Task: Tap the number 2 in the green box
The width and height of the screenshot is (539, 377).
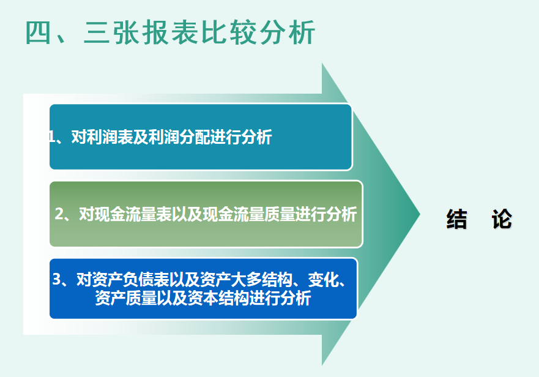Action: (x=59, y=214)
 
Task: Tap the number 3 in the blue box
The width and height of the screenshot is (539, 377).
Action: (x=57, y=280)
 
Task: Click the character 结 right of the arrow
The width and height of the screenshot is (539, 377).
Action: (x=456, y=219)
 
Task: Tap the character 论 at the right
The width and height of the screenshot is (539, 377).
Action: (x=501, y=219)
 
